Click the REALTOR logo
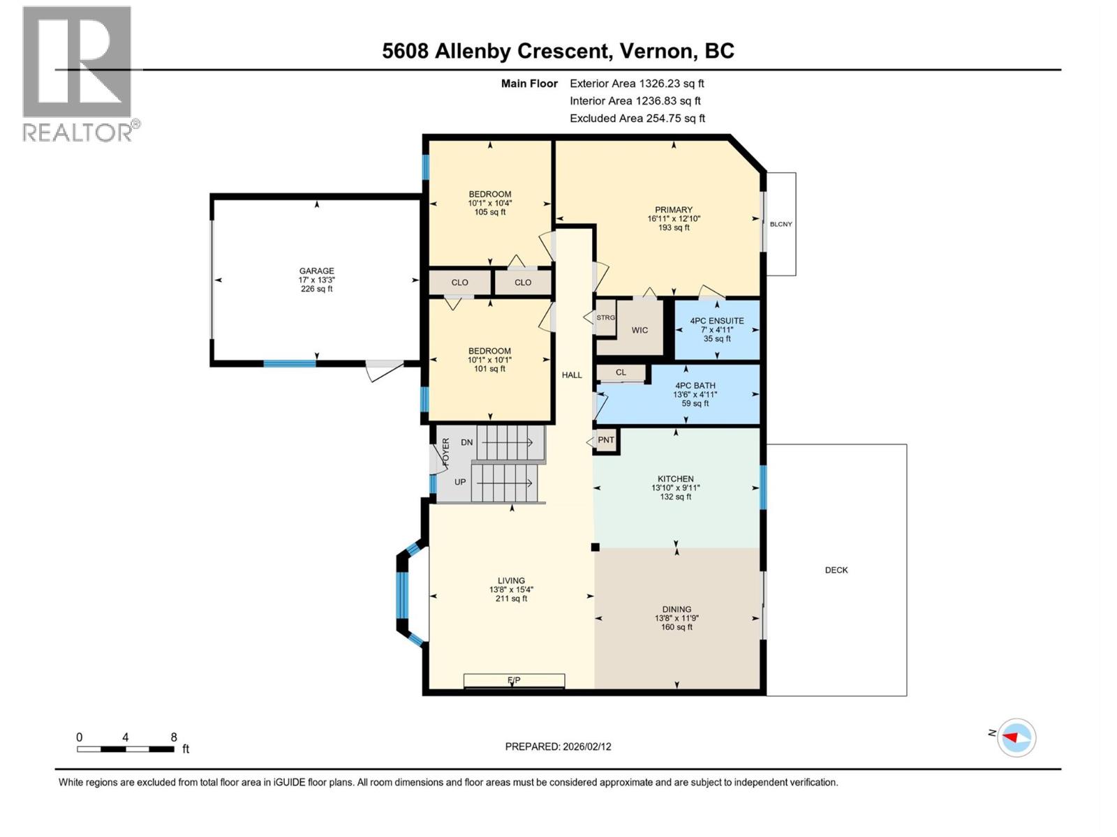pos(77,73)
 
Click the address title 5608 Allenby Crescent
pos(558,51)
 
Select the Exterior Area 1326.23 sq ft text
pos(637,83)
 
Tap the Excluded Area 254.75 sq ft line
pos(637,118)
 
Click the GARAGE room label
pos(316,271)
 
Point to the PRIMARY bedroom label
pos(673,210)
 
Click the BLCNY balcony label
pos(781,224)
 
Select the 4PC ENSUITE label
pos(717,321)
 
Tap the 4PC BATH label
pos(695,386)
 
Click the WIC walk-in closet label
pos(639,330)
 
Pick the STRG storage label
pos(605,317)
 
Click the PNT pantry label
pos(606,440)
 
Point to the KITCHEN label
pos(675,479)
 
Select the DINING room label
pos(676,609)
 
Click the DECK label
pos(836,570)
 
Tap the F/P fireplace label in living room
pos(514,680)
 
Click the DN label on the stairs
pos(466,442)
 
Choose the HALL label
pos(572,375)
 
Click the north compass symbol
pos(1016,737)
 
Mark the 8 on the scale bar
pos(174,737)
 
